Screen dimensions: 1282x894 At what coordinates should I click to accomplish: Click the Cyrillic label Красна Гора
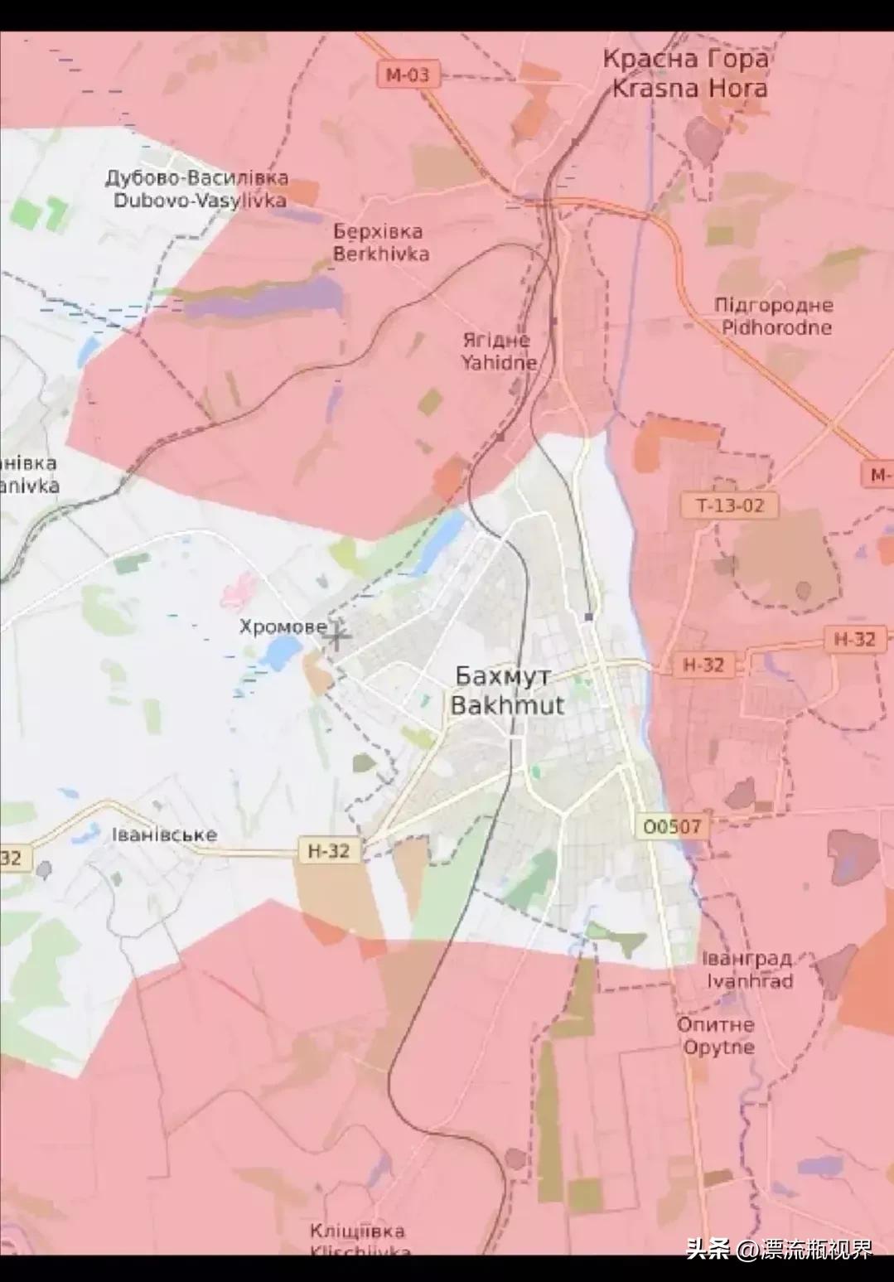click(x=685, y=60)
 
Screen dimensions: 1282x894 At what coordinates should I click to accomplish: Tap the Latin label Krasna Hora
click(x=689, y=88)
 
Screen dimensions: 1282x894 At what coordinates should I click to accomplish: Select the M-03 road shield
click(x=408, y=75)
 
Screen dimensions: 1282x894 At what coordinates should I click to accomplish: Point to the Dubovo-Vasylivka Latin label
click(x=200, y=201)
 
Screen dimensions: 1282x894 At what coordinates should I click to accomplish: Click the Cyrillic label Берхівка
click(x=378, y=232)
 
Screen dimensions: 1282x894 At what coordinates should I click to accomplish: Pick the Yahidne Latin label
click(x=499, y=362)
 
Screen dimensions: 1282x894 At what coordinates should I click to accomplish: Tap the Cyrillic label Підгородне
click(x=774, y=305)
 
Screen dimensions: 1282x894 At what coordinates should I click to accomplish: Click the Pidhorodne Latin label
click(x=776, y=327)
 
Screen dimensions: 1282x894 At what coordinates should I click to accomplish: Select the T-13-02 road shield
click(x=730, y=505)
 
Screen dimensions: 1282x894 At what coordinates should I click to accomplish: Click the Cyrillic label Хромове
click(x=283, y=626)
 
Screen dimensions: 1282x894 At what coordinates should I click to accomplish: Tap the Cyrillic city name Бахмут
click(x=503, y=676)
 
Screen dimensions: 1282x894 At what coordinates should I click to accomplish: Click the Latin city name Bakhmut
click(x=507, y=706)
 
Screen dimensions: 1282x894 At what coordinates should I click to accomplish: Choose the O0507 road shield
click(x=672, y=826)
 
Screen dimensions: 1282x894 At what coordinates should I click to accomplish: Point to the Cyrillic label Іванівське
click(x=164, y=835)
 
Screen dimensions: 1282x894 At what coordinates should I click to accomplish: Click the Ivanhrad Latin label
click(x=750, y=981)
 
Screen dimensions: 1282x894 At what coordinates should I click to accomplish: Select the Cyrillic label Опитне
click(x=716, y=1024)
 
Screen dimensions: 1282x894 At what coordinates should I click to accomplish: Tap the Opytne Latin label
click(x=718, y=1047)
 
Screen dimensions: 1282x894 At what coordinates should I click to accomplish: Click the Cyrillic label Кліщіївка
click(x=357, y=1231)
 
